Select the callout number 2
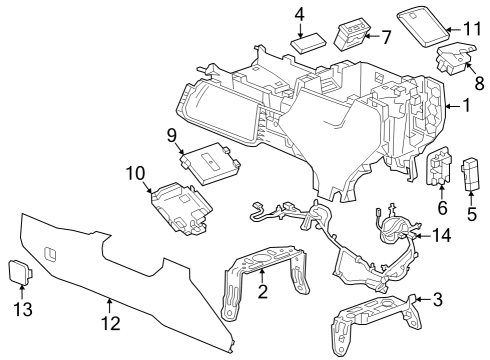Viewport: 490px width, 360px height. pyautogui.click(x=262, y=292)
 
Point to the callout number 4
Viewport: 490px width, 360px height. pyautogui.click(x=300, y=14)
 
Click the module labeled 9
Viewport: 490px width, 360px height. pyautogui.click(x=209, y=166)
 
